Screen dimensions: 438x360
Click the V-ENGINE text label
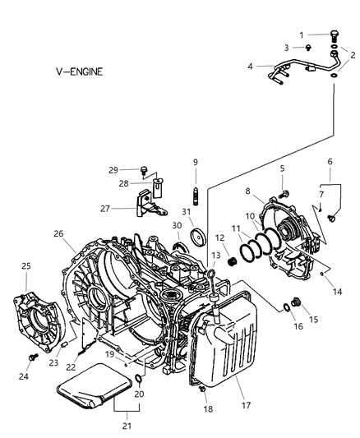(x=69, y=71)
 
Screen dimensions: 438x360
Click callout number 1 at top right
(x=302, y=34)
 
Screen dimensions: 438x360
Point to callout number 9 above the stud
(x=196, y=161)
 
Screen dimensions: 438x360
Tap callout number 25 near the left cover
(x=25, y=266)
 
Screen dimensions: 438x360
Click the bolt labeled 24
(x=32, y=357)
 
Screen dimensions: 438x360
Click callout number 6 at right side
(x=330, y=161)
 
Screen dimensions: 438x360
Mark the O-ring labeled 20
(x=139, y=380)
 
